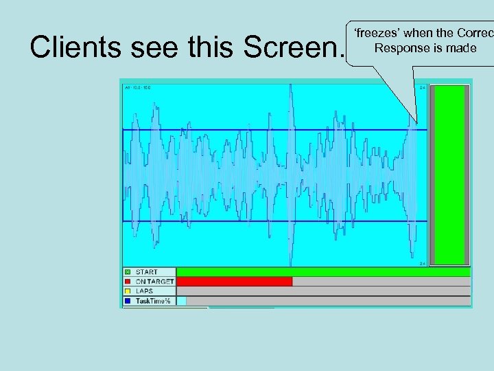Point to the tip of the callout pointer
tap(416, 124)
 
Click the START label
tap(146, 272)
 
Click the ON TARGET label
tap(154, 282)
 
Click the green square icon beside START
tap(128, 272)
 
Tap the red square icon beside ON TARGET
tap(128, 282)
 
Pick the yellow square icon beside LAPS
tap(128, 291)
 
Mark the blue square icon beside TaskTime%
tap(128, 301)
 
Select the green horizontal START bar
tap(323, 272)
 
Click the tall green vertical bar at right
tap(449, 175)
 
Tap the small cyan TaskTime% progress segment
tap(181, 301)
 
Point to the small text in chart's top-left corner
tap(137, 87)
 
